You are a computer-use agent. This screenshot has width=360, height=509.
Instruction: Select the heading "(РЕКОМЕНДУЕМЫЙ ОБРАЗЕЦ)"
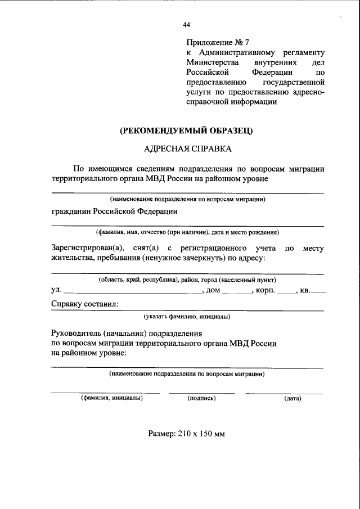coord(186,130)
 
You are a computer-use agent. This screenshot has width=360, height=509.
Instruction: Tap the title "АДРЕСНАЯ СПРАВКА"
coord(187,149)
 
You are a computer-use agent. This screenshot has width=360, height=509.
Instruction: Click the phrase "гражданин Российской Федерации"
coord(114,211)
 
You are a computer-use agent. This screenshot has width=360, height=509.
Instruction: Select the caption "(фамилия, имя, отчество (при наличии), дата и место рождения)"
coord(187,232)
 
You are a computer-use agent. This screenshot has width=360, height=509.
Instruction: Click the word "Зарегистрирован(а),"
coord(87,248)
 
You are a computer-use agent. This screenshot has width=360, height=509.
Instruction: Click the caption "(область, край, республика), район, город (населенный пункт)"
coord(187,280)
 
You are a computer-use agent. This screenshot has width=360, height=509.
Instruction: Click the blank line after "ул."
coord(132,292)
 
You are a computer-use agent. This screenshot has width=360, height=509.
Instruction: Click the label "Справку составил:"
coord(84,304)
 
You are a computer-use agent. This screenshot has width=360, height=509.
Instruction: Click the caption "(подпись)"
coord(201,398)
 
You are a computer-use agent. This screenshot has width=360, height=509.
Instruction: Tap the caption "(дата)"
coord(292,398)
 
